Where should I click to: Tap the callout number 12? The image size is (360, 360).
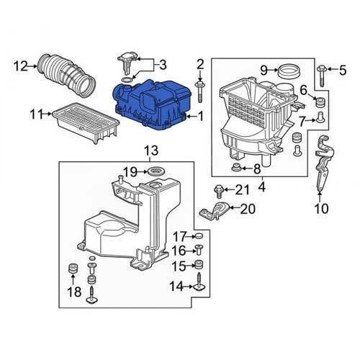click(19, 67)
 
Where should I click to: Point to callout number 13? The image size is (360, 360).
click(149, 150)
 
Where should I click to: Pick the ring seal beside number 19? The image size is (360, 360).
click(154, 172)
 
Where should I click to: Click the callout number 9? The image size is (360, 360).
click(264, 69)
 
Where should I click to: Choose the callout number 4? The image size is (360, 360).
click(261, 188)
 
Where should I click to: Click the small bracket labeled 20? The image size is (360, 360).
click(212, 211)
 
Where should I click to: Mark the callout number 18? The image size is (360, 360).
click(71, 292)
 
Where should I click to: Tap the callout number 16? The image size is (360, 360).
click(179, 251)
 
